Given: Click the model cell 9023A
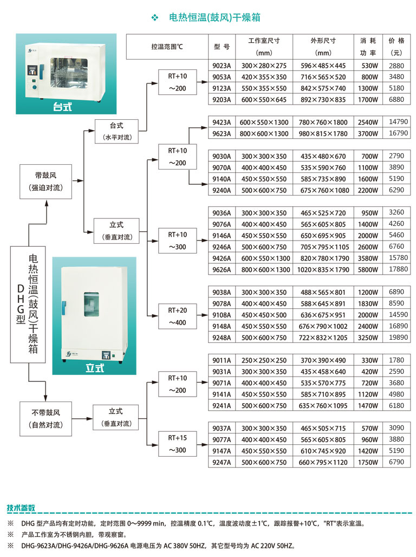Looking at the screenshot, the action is tap(222, 66).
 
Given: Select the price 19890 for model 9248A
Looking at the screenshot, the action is tap(396, 338).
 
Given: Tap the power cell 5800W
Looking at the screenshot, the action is tap(368, 270).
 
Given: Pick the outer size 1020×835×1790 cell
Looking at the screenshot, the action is tap(323, 270).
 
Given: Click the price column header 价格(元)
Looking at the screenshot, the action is tap(396, 47).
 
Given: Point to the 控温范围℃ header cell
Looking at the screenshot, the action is tap(167, 47).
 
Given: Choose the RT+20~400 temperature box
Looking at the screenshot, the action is tap(177, 316).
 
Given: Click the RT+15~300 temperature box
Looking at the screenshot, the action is tap(177, 444).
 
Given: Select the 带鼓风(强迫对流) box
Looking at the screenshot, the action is tap(46, 182).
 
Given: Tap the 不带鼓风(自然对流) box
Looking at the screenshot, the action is tap(46, 419).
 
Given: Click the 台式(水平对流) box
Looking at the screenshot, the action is tap(117, 132).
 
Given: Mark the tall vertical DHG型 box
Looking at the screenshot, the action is tap(28, 305).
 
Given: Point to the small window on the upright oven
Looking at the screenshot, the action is tap(92, 305).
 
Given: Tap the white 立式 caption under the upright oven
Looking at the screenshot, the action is tap(94, 368).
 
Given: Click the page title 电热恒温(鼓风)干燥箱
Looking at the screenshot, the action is tap(214, 17).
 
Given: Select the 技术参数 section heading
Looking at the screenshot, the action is tap(21, 508).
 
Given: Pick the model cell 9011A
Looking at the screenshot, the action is tap(222, 360).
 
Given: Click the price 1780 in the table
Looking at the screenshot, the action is tap(396, 360).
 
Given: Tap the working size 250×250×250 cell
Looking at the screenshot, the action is tap(264, 360).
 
